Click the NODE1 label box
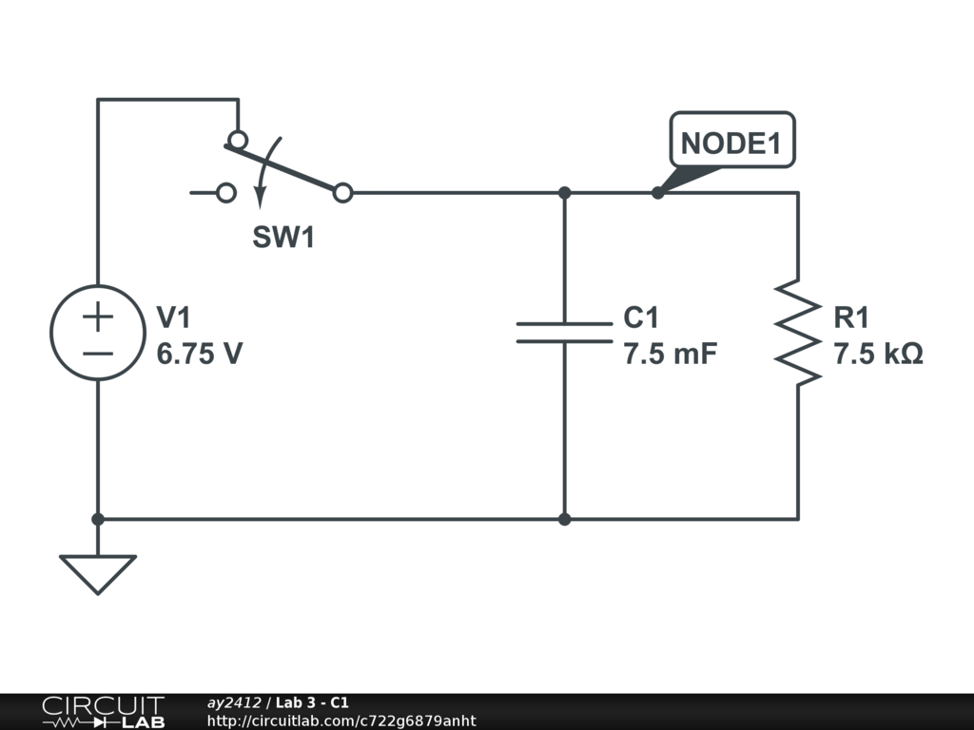coord(732,141)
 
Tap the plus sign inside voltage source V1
coord(98,317)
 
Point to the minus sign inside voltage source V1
coord(98,354)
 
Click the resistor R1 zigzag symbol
coord(798,333)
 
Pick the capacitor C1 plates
coord(565,333)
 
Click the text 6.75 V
coord(200,354)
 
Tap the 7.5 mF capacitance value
coord(671,354)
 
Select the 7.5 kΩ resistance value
coord(878,354)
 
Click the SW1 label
coord(283,237)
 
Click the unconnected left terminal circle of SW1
coord(226,193)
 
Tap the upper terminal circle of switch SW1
coord(238,140)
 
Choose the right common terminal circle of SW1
coord(342,193)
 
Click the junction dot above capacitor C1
coord(565,193)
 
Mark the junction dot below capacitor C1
coord(565,519)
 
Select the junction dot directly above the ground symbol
coord(98,519)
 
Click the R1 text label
coord(851,317)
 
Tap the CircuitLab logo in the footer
coord(104,712)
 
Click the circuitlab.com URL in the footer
coord(341,720)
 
